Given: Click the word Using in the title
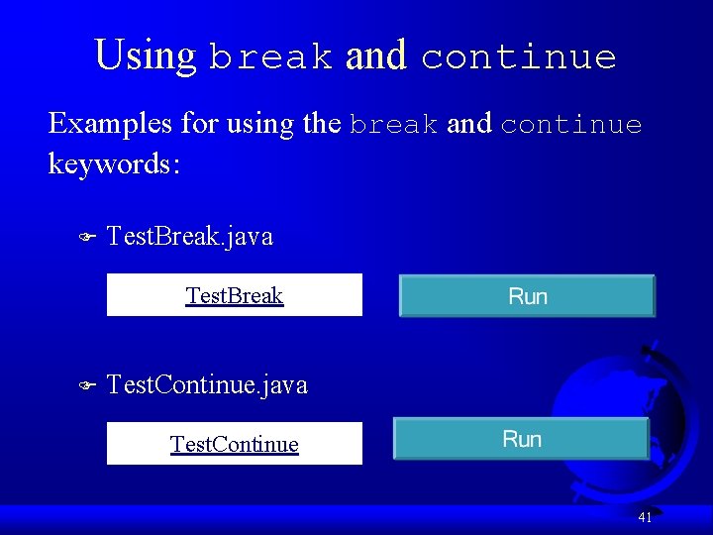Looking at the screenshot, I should [x=145, y=55].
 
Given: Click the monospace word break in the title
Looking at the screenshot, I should [x=270, y=57].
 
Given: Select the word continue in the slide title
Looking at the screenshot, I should [x=518, y=57].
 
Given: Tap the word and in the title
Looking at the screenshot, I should [x=375, y=55].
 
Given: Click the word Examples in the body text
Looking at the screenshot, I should [x=108, y=124].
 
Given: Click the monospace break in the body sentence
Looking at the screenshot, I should [x=393, y=126].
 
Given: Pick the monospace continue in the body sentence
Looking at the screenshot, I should [x=570, y=126].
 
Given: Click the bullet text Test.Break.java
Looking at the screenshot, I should [x=189, y=237].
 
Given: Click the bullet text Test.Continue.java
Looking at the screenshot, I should [x=206, y=384].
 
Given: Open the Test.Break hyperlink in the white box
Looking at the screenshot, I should [x=235, y=295].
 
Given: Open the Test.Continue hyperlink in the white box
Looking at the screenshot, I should [x=235, y=443].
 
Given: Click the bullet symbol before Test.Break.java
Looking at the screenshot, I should [x=85, y=238].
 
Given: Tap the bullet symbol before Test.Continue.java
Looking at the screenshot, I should [x=85, y=385].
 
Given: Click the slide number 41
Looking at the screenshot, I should [x=645, y=517].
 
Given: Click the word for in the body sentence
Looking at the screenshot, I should [x=201, y=124].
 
